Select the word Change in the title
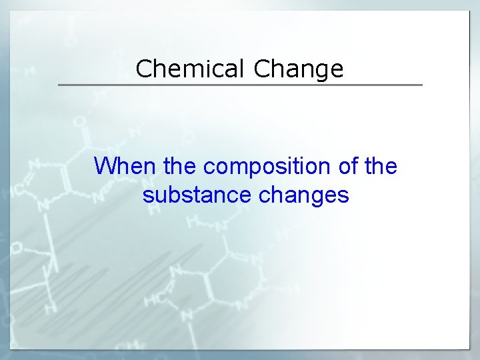click(299, 69)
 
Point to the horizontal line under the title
click(240, 85)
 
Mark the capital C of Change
click(262, 69)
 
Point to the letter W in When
click(105, 166)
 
